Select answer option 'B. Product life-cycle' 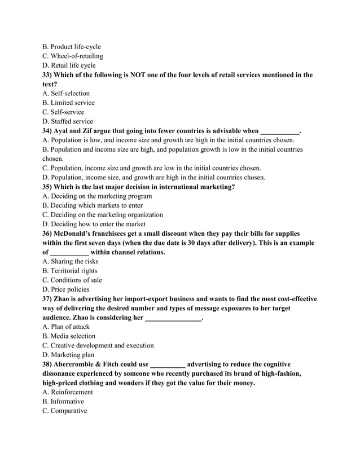tap(72, 46)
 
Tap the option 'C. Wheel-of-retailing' tap(73, 56)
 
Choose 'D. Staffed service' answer tap(68, 121)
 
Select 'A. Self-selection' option tap(66, 93)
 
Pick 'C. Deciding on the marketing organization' tap(103, 214)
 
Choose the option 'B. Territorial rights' tap(70, 270)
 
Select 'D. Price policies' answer tap(65, 289)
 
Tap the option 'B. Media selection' tap(69, 336)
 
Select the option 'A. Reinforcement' tap(68, 392)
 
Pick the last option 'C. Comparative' tap(65, 410)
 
